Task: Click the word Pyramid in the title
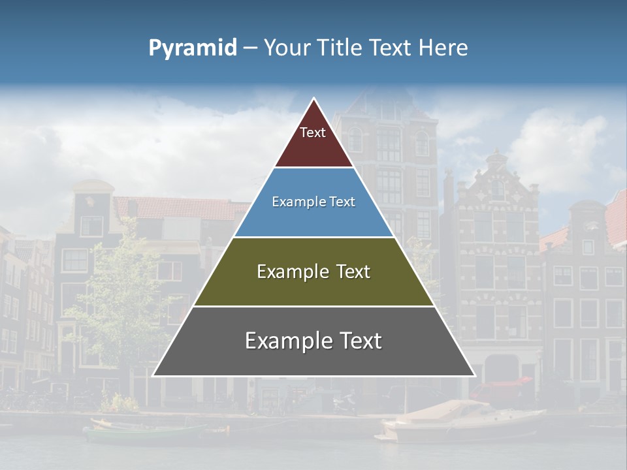(192, 48)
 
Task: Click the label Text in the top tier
(313, 133)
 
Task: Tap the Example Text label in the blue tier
(313, 202)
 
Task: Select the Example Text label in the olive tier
(313, 272)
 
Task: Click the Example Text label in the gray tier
(313, 341)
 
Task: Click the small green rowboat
(147, 432)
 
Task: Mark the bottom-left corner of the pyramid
(153, 376)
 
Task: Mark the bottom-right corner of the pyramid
(475, 376)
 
